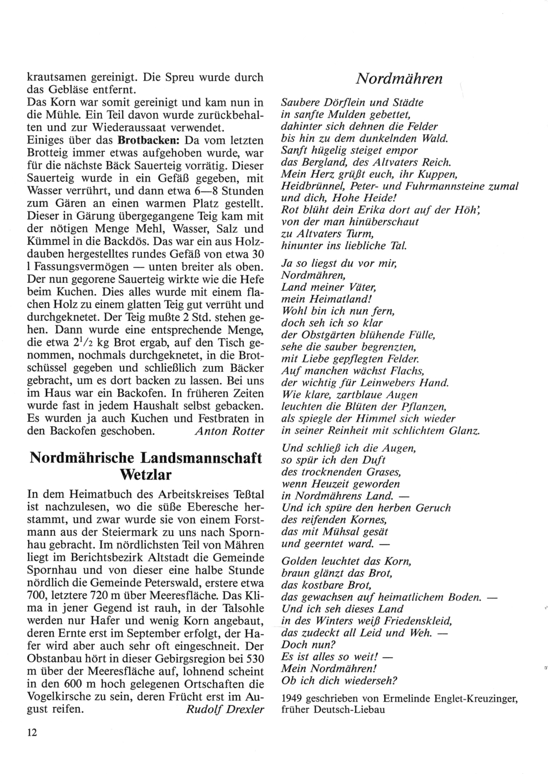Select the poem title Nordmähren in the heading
(x=399, y=79)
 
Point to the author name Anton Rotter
(x=229, y=431)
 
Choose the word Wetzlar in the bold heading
(x=146, y=472)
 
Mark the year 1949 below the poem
(x=292, y=698)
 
